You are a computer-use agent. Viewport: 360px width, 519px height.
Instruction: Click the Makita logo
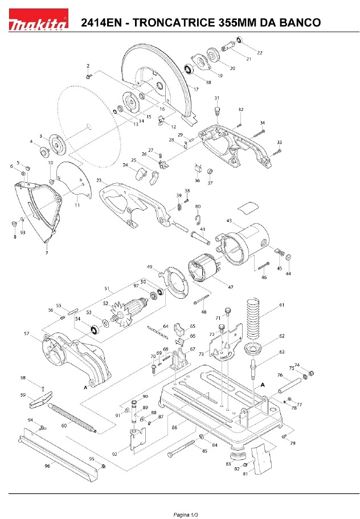pos(38,19)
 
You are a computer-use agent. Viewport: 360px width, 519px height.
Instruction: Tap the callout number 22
pos(260,52)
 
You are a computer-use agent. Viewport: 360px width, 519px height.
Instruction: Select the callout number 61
pos(281,305)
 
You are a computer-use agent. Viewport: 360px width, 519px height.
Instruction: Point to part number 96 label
pos(47,466)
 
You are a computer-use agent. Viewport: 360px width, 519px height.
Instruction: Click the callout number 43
pos(229,221)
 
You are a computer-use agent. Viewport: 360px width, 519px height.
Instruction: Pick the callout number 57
pos(27,333)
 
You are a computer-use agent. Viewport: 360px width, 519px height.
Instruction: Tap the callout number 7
pos(47,253)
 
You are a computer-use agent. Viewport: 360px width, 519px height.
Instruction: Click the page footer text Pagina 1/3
pos(186,514)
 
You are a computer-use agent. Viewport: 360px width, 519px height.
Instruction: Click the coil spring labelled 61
pos(253,319)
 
